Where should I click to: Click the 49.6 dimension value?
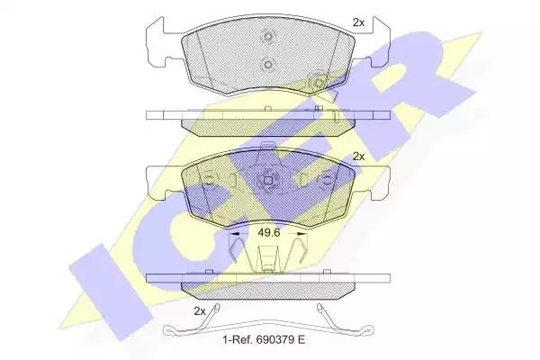pyautogui.click(x=269, y=233)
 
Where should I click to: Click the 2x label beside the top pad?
pyautogui.click(x=358, y=22)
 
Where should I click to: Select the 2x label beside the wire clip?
pyautogui.click(x=200, y=311)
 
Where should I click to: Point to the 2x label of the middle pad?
pyautogui.click(x=359, y=157)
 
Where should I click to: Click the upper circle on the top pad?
pyautogui.click(x=267, y=36)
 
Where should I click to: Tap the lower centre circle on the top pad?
pyautogui.click(x=267, y=65)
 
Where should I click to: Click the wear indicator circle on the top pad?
pyautogui.click(x=317, y=83)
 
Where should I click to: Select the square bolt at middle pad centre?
pyautogui.click(x=268, y=180)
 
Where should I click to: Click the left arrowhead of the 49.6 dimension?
pyautogui.click(x=234, y=234)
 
